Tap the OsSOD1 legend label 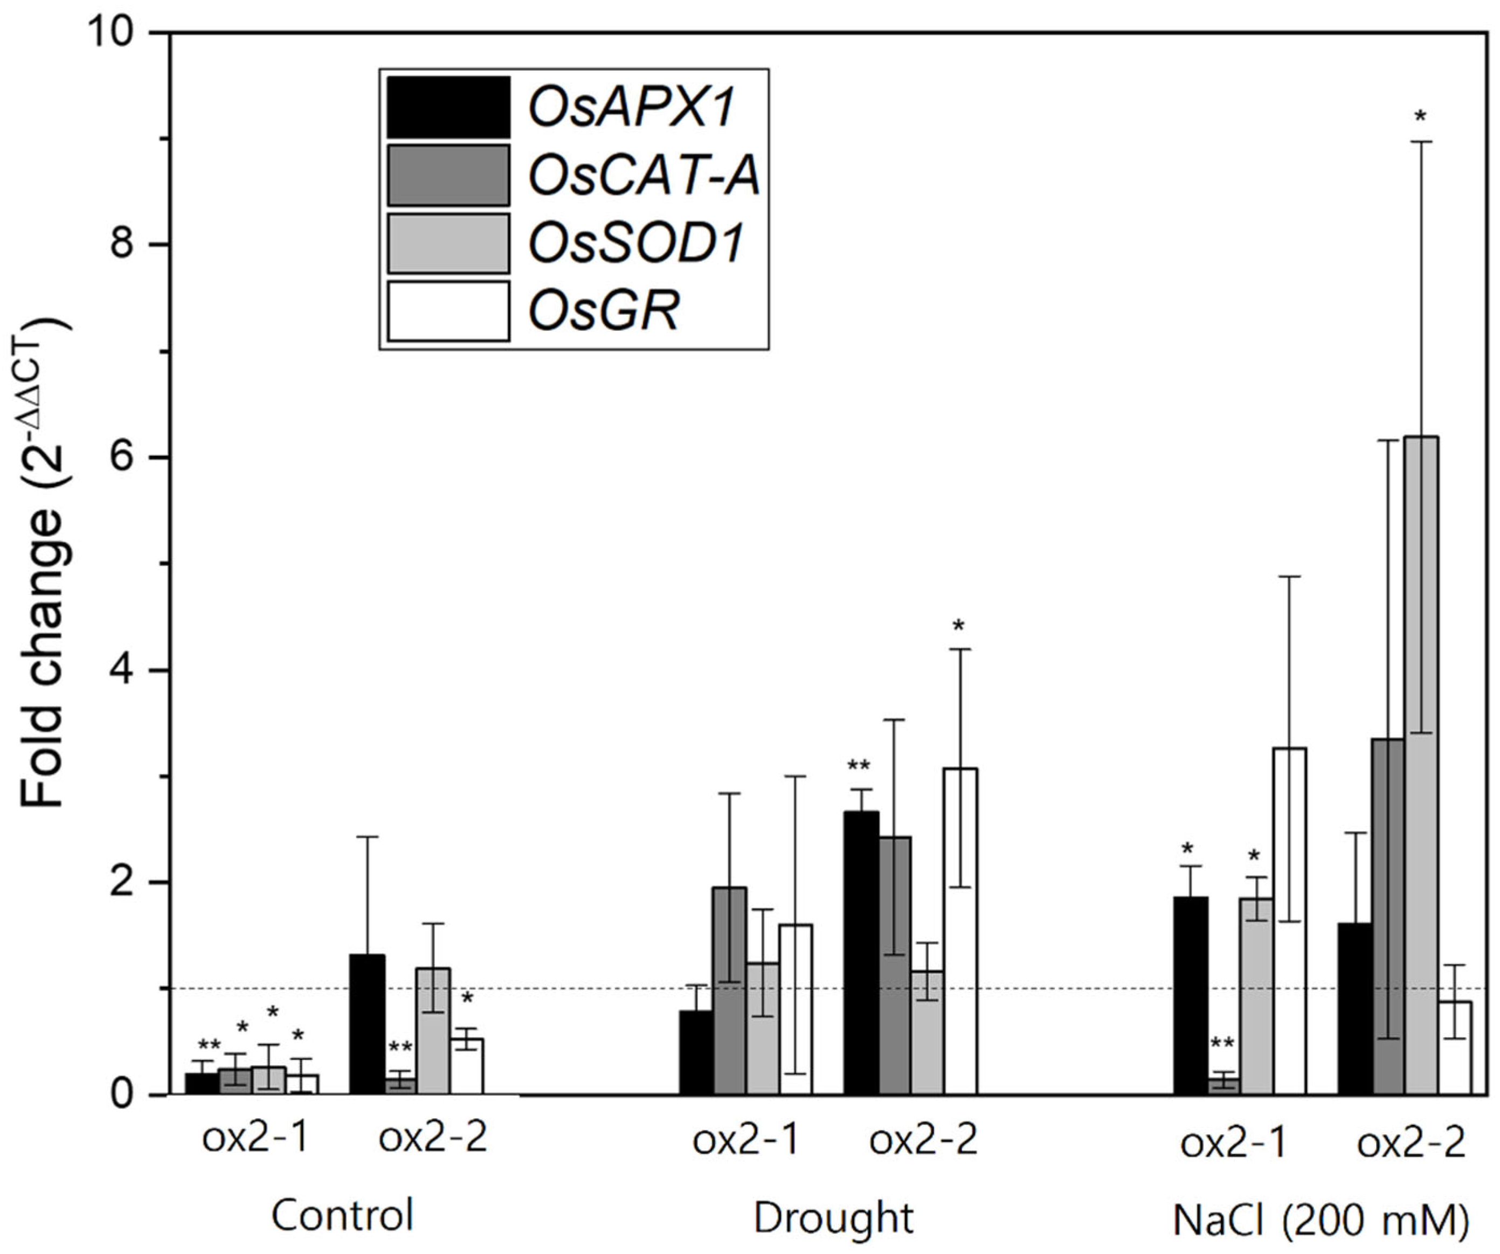[635, 244]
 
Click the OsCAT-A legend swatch [448, 176]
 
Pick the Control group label [342, 1215]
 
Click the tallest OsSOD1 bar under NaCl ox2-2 [1421, 764]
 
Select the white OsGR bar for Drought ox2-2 [960, 929]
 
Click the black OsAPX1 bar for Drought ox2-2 [861, 950]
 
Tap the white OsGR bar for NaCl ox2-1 [1289, 921]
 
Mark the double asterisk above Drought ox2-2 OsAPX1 [859, 766]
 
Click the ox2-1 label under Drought [745, 1140]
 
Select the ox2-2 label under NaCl [1411, 1142]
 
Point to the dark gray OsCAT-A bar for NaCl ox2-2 [1388, 914]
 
